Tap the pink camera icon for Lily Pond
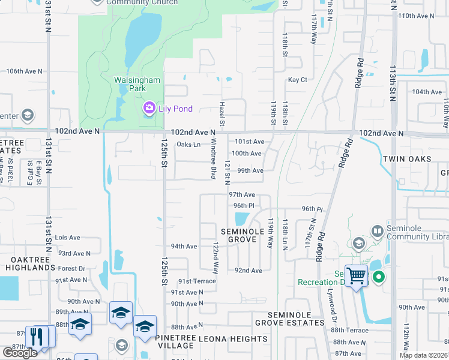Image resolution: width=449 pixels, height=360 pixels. tap(148, 108)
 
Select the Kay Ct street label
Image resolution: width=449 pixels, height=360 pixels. tap(297, 80)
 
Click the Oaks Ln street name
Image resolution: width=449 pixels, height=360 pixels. tap(188, 145)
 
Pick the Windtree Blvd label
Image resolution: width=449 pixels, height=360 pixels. tap(213, 159)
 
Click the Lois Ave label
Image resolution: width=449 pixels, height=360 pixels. tap(67, 238)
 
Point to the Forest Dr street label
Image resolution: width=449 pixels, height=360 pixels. tap(72, 269)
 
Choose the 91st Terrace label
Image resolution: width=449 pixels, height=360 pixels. tap(196, 281)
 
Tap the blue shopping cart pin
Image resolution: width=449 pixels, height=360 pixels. tap(357, 276)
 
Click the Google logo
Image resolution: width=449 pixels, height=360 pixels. tap(20, 353)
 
